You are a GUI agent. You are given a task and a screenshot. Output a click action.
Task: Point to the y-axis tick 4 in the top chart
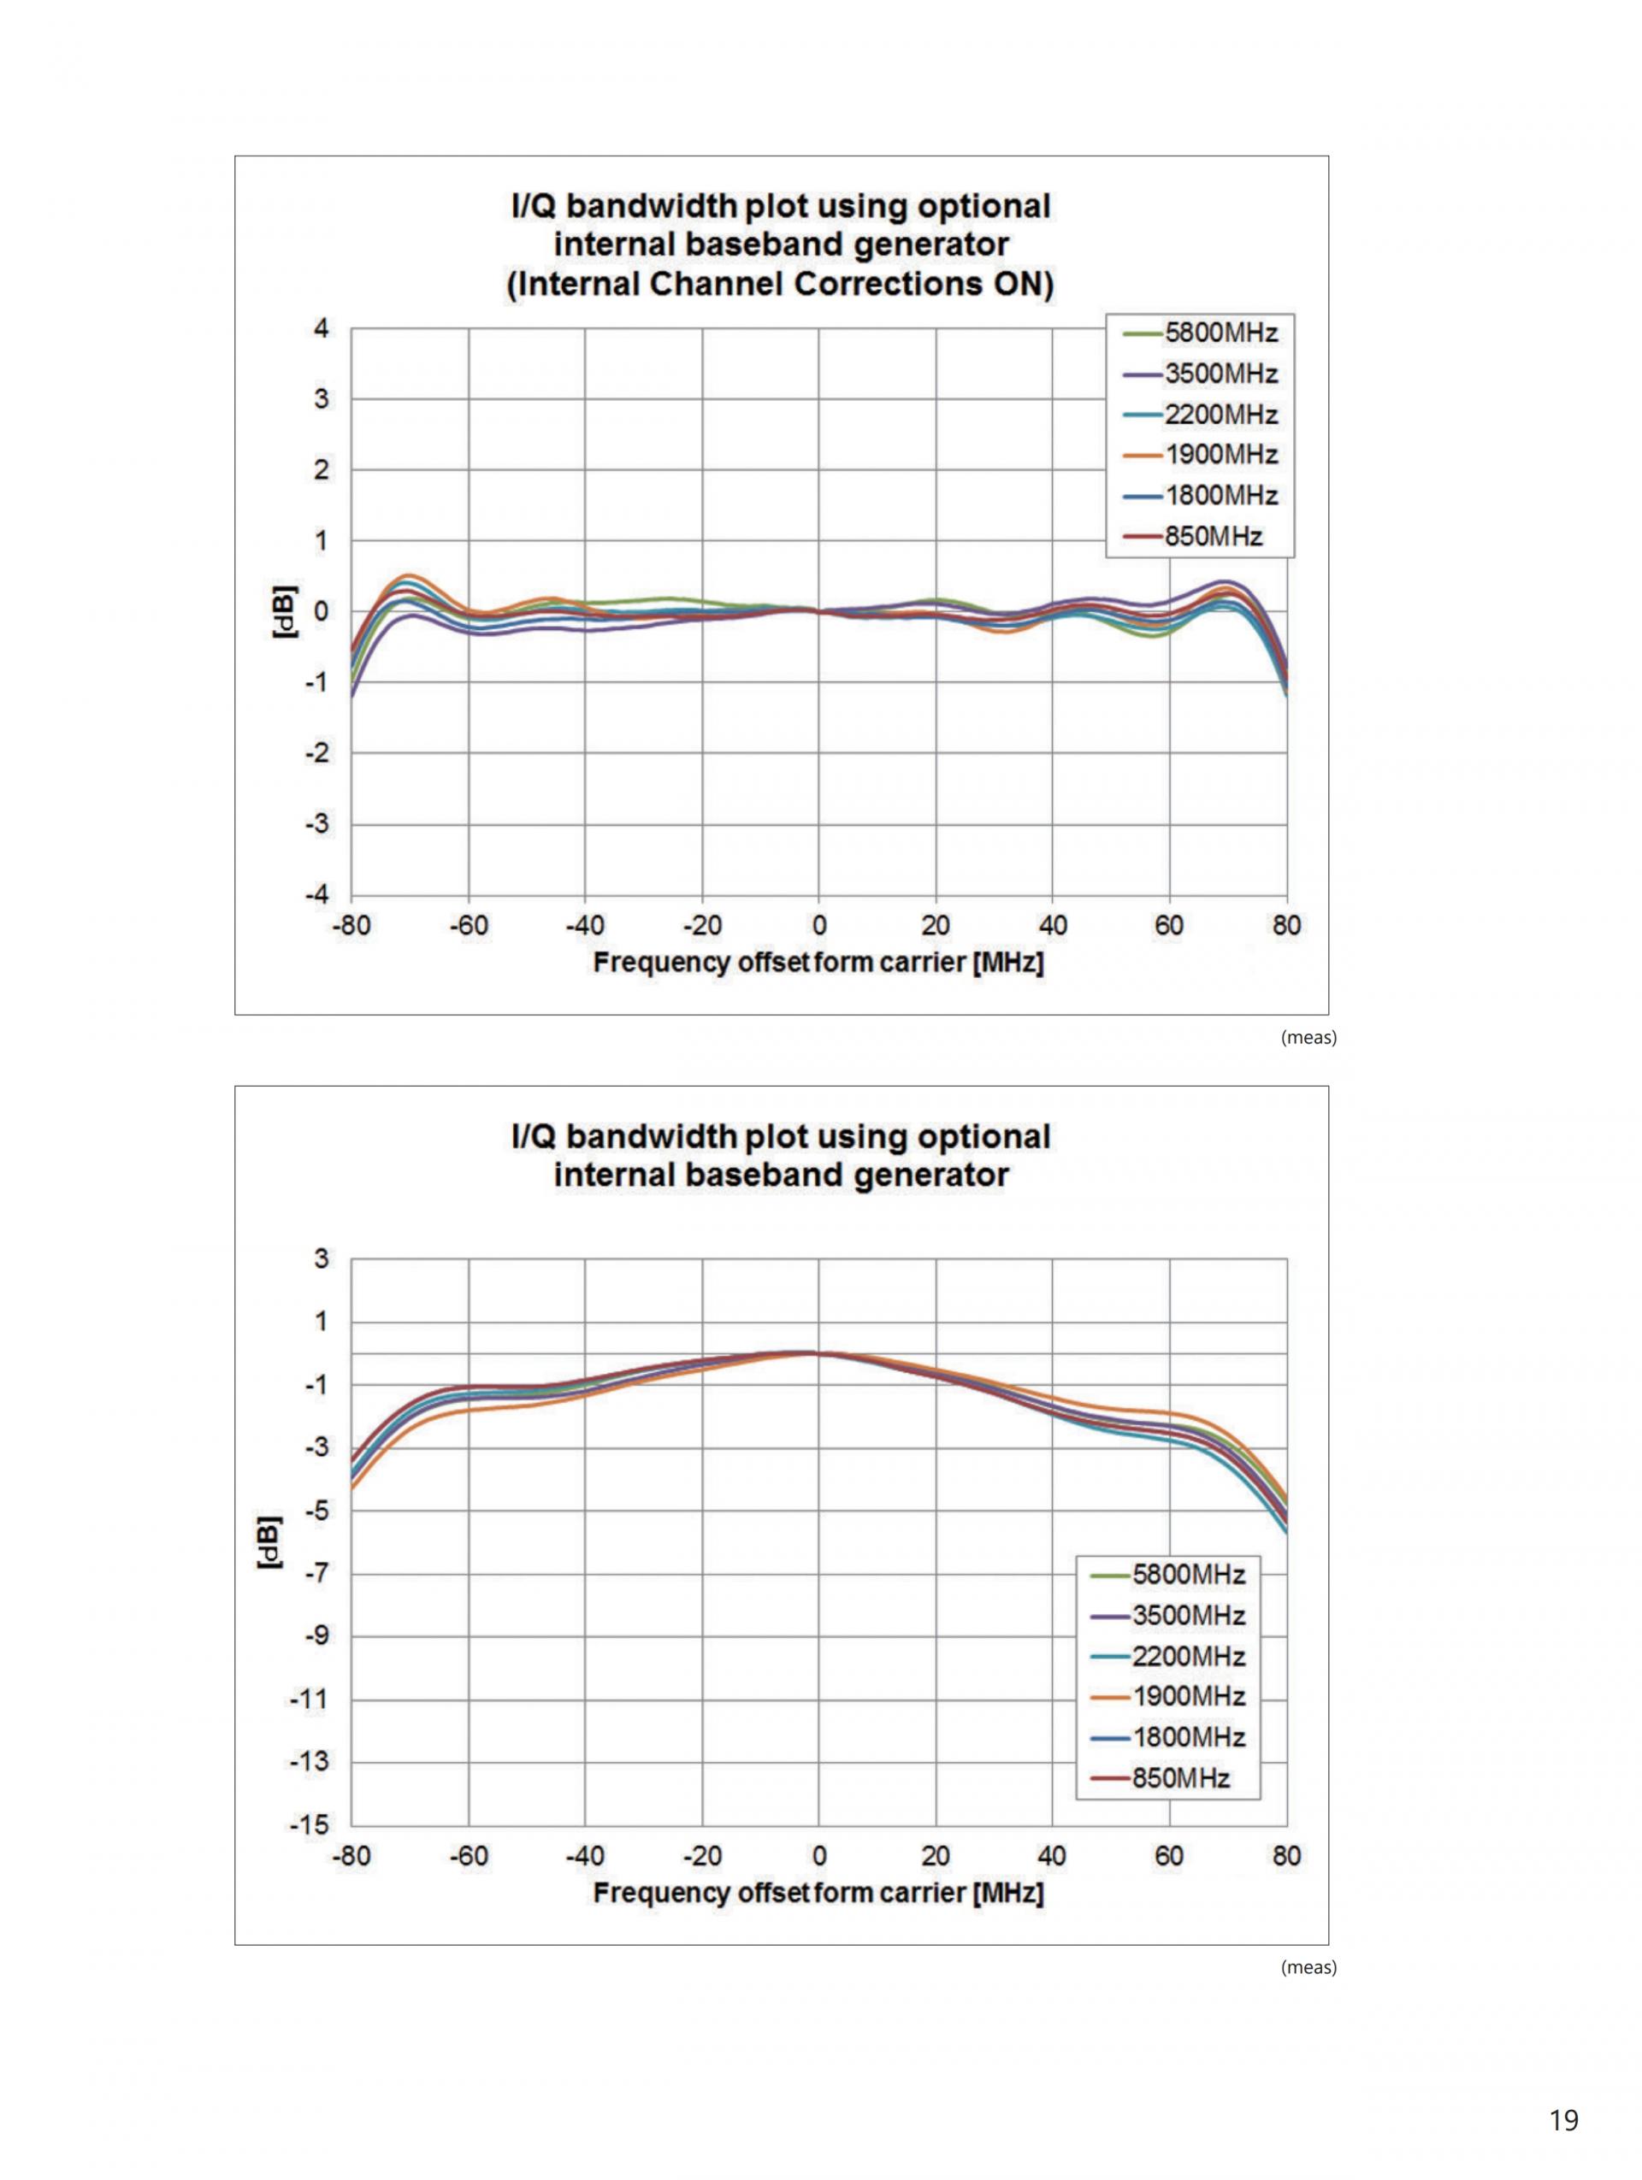(322, 328)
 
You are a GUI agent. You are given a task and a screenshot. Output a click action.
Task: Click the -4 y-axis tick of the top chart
(317, 896)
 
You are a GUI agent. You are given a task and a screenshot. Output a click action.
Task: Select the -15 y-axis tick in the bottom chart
(308, 1825)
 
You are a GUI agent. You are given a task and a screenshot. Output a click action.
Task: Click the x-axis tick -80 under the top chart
(351, 925)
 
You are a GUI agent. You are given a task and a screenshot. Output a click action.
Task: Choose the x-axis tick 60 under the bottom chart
(1169, 1856)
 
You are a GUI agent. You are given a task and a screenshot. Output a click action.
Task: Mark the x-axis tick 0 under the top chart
(819, 925)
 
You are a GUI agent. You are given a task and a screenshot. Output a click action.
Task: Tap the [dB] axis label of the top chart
(285, 612)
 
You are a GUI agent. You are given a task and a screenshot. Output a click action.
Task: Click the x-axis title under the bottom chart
(818, 1894)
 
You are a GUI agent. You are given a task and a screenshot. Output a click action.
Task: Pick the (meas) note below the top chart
(1308, 1037)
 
